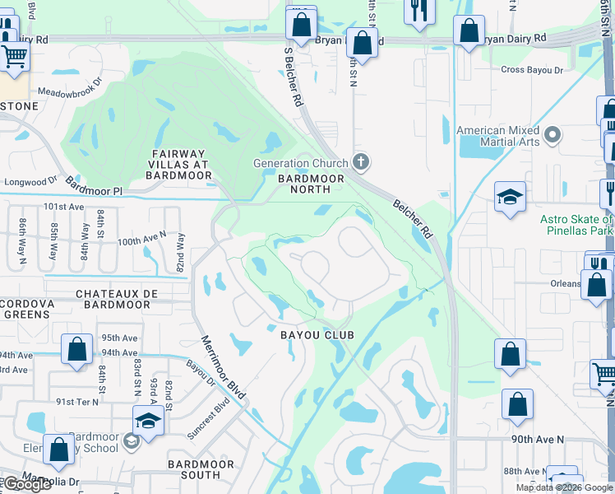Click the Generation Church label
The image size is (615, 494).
pos(301,163)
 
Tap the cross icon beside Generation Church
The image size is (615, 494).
pos(358,161)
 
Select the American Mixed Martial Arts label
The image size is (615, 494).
pos(498,136)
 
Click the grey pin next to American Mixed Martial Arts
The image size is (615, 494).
pos(553,134)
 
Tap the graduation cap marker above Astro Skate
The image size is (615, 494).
pos(510,198)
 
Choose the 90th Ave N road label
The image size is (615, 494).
pos(538,440)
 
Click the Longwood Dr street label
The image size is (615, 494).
pos(30,179)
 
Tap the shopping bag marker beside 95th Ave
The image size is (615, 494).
pos(76,349)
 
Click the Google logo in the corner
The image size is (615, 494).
pos(27,483)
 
